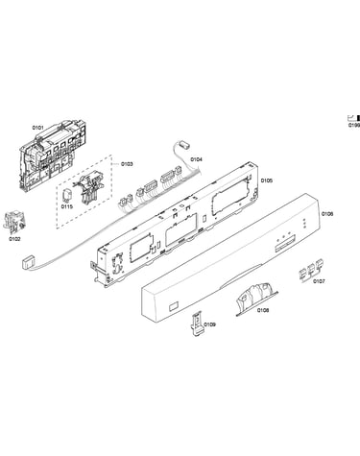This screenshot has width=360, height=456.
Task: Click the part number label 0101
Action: pos(37,128)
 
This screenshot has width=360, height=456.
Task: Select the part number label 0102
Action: pos(14,239)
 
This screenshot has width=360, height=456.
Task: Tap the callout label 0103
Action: pos(127,164)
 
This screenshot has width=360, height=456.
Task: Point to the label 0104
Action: pos(197,159)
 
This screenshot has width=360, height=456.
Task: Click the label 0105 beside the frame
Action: pos(267,180)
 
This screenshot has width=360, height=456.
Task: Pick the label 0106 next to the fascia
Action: pos(327,214)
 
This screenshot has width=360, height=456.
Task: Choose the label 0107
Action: pos(319,281)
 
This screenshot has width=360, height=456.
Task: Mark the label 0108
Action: pos(263,310)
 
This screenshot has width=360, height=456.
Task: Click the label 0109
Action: pos(210,324)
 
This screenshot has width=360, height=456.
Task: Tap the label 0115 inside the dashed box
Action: pos(67,206)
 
